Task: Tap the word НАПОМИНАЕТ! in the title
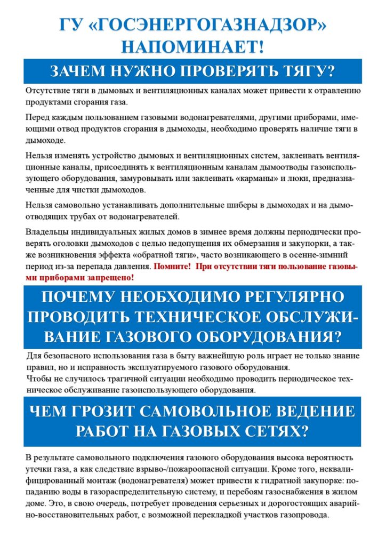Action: [192, 46]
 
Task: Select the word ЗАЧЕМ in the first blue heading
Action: [75, 71]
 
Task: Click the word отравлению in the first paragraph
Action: [333, 91]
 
